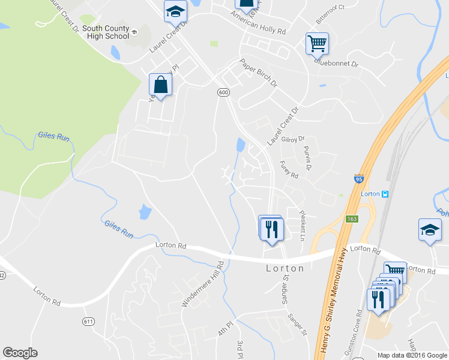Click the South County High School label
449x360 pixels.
pos(105,32)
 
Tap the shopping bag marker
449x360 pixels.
pos(161,85)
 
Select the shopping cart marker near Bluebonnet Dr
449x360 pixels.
pos(316,44)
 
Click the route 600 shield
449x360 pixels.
pos(223,92)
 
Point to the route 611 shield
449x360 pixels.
pos(89,322)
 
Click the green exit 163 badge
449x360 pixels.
pos(351,220)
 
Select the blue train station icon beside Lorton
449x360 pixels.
pos(385,194)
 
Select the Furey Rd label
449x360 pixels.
pos(289,169)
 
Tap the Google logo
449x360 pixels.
pos(20,353)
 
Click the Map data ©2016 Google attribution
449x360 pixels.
pos(411,355)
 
